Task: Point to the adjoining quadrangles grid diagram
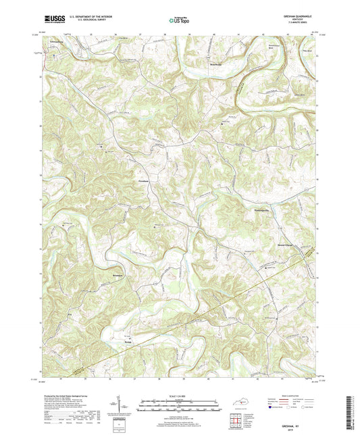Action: click(x=236, y=421)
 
